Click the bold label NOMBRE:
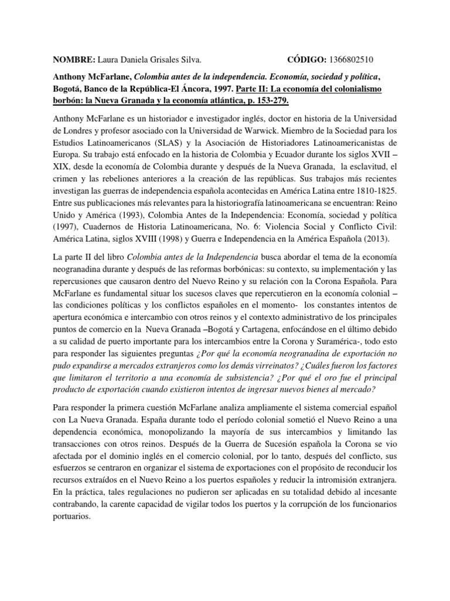click(x=74, y=59)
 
